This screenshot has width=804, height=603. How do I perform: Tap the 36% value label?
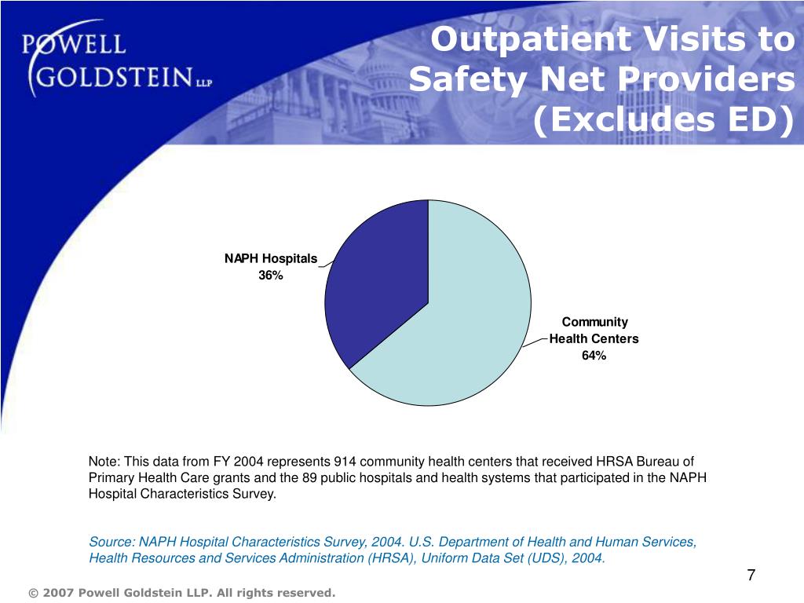click(x=271, y=275)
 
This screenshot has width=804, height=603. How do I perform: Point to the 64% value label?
click(x=594, y=356)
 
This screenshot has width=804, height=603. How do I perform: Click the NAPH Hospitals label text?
click(x=271, y=258)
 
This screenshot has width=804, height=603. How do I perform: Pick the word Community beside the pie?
click(x=594, y=322)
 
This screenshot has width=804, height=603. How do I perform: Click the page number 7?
click(x=751, y=576)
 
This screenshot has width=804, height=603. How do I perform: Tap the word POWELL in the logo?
click(x=74, y=44)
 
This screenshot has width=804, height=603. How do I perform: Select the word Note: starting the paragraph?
click(x=104, y=462)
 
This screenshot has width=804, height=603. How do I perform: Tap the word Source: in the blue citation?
click(x=111, y=543)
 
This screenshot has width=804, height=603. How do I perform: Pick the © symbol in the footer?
click(x=32, y=593)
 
